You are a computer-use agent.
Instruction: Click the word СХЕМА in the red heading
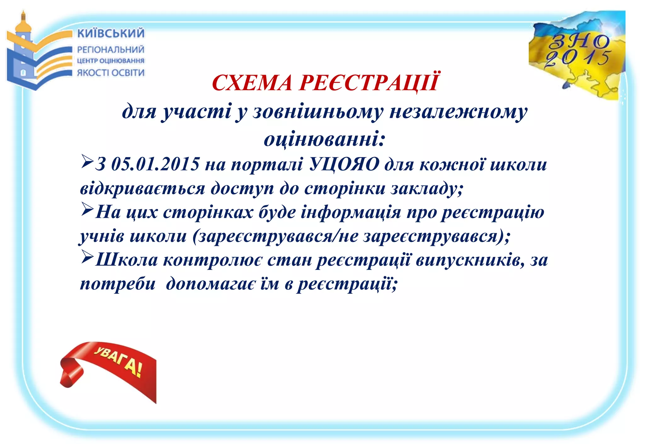click(x=252, y=83)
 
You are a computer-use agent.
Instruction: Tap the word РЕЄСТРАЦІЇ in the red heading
click(x=368, y=82)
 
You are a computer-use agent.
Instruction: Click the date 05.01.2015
click(x=155, y=164)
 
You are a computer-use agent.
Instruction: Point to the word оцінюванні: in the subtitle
click(x=324, y=140)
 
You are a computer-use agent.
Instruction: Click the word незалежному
click(x=458, y=112)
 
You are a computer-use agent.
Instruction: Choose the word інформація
click(x=351, y=212)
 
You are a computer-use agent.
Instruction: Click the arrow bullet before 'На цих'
click(x=87, y=209)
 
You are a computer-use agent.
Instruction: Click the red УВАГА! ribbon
click(x=110, y=367)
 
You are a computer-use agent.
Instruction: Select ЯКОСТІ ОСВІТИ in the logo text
click(x=111, y=73)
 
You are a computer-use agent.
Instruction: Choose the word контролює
click(x=212, y=260)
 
